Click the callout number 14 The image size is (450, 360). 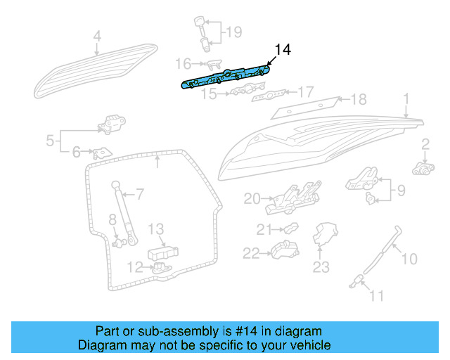click(282, 50)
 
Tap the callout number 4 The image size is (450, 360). click(97, 36)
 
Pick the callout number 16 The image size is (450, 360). click(182, 64)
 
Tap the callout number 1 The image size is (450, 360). click(406, 98)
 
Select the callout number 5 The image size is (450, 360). click(50, 141)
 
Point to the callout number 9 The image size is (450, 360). click(401, 189)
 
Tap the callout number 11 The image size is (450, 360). click(377, 296)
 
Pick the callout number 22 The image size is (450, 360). click(251, 252)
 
